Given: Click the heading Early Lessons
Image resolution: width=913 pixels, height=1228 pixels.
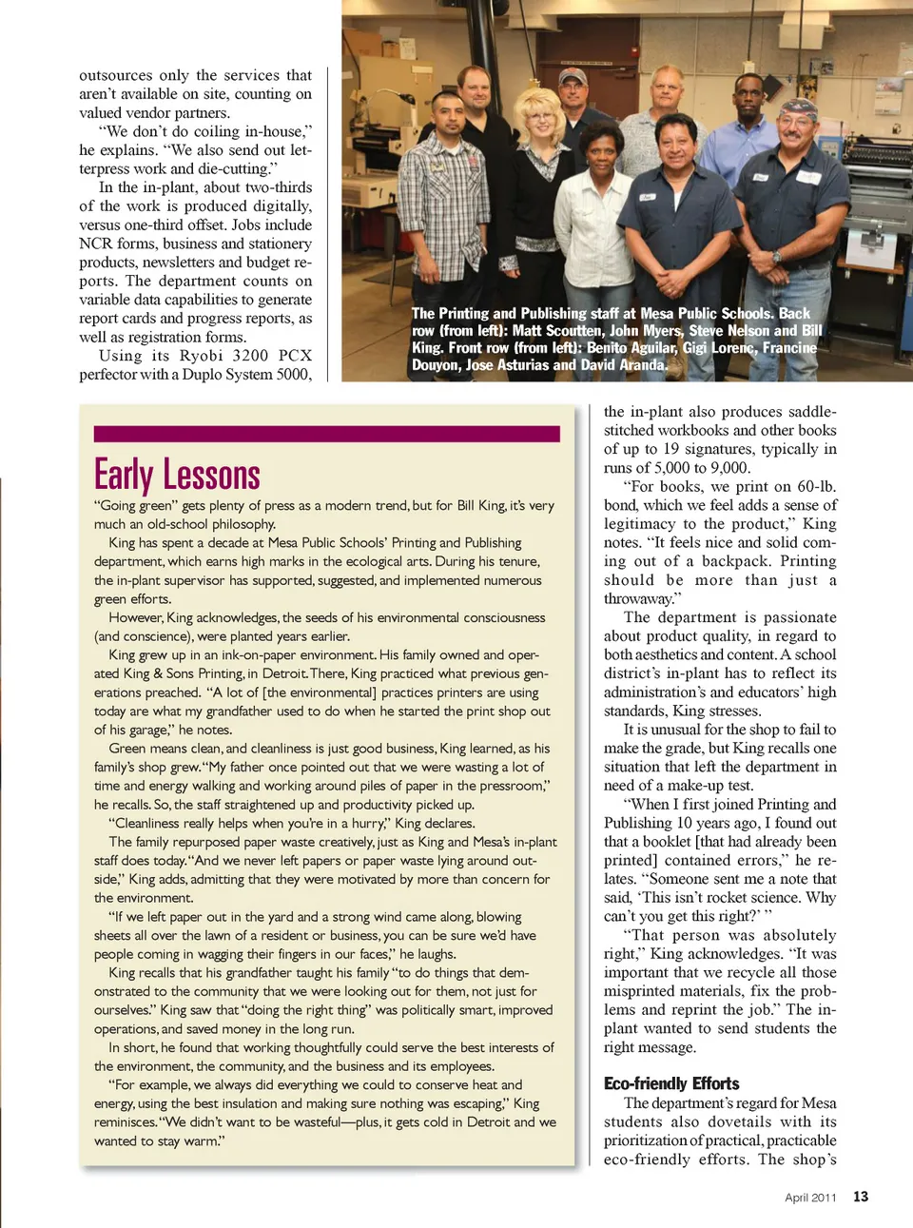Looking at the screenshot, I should [177, 475].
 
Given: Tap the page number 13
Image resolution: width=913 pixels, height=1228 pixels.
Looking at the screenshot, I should [861, 1197].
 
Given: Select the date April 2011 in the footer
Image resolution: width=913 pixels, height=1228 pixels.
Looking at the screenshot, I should [810, 1198].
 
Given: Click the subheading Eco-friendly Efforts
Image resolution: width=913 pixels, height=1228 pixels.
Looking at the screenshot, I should [671, 1083].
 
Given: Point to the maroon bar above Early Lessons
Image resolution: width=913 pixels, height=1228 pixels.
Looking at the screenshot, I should [326, 434].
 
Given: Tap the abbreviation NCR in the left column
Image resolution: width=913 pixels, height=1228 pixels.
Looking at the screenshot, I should [95, 244].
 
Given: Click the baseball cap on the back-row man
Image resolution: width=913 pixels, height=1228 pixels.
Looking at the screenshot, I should [573, 76].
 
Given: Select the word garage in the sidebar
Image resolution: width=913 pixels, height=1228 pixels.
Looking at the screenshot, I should [146, 730].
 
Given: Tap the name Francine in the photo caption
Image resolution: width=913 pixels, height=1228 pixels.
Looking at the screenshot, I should [789, 348].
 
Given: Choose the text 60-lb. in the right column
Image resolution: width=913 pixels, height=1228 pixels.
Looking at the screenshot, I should [818, 487].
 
